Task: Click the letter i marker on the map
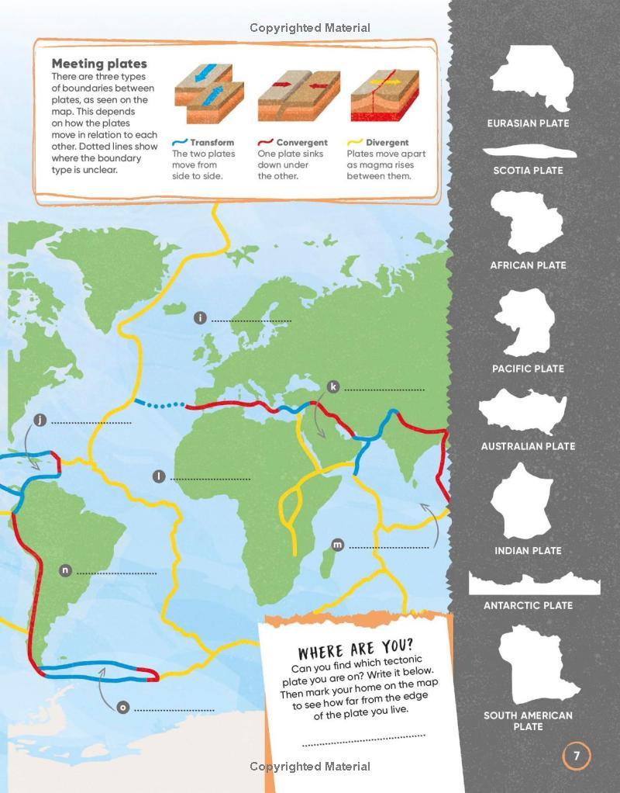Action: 200,318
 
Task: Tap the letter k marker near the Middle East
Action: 333,386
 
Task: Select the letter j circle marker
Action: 40,421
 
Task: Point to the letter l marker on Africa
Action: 159,476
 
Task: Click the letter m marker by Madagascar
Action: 337,545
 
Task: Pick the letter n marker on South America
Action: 66,570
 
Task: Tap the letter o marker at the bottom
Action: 122,707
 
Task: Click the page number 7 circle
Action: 576,756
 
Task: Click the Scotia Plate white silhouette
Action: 528,152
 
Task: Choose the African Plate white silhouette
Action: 527,222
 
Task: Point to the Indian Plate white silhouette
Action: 523,502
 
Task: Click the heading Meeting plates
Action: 99,64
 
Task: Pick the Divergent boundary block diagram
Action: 384,96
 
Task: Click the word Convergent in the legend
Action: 301,143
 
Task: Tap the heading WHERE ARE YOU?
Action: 356,649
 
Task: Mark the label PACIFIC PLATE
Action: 528,369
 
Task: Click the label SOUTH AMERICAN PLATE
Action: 528,721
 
